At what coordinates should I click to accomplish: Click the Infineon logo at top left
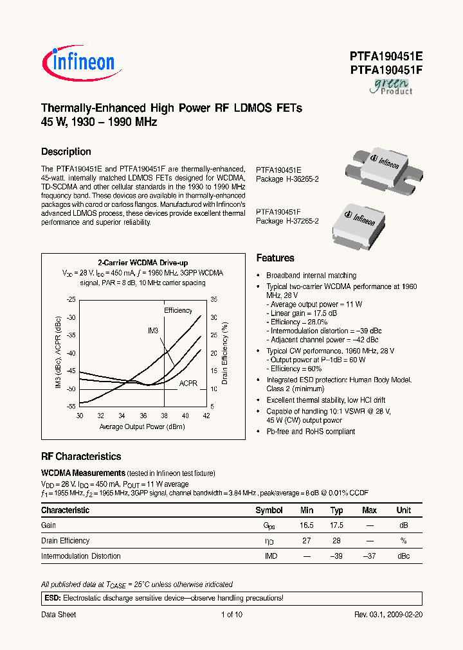click(78, 62)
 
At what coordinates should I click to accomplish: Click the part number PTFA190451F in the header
click(377, 70)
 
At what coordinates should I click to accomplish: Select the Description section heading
click(66, 152)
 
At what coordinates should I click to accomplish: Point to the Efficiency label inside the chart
click(177, 310)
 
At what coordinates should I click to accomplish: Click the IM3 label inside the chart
click(153, 330)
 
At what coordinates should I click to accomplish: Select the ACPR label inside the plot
click(188, 382)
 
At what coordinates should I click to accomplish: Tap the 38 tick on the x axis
click(165, 416)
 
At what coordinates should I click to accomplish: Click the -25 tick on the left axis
click(71, 299)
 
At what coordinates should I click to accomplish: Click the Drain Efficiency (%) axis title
click(225, 353)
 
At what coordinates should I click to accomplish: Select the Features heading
click(275, 258)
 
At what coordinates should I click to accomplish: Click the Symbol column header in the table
click(269, 510)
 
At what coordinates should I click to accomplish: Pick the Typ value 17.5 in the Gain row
click(336, 525)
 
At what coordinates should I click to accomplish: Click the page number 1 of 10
click(232, 615)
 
